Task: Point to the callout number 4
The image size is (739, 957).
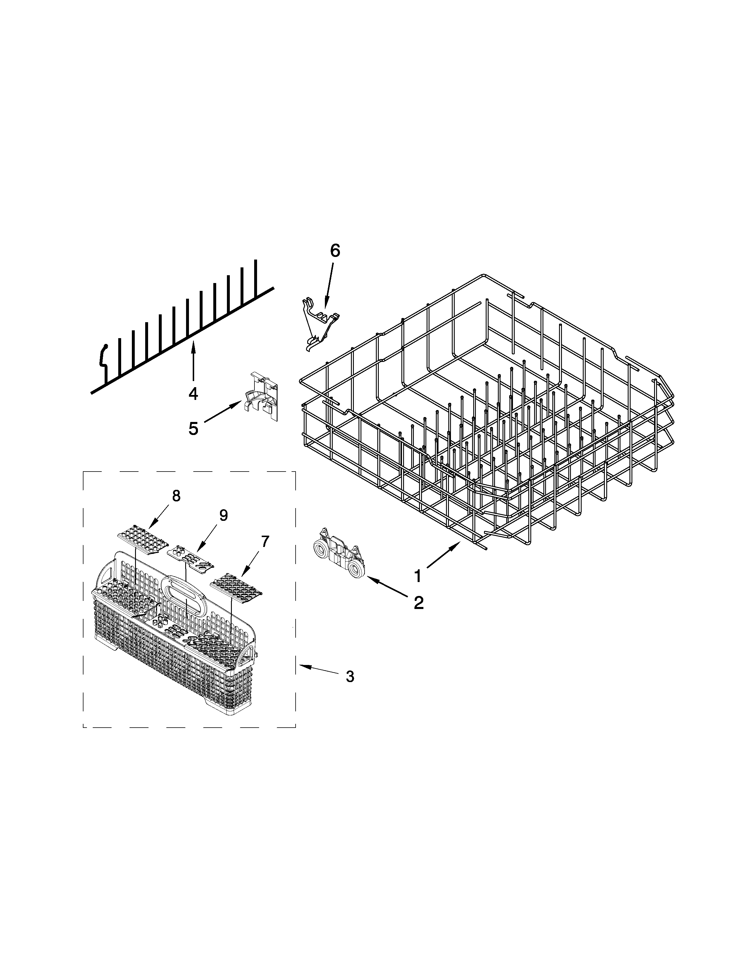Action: tap(193, 394)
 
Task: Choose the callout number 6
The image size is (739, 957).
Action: tap(334, 251)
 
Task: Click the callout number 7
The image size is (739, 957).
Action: tap(265, 542)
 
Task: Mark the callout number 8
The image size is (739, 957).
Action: tap(176, 496)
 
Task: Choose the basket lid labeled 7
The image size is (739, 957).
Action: tap(236, 586)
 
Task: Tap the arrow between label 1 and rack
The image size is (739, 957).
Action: tap(443, 556)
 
